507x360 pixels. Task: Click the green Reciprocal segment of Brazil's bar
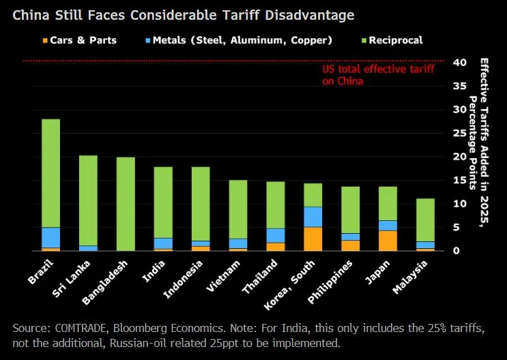(x=50, y=173)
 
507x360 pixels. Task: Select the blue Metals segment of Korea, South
(x=313, y=217)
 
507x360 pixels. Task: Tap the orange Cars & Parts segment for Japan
(x=388, y=241)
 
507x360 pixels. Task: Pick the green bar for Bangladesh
(x=126, y=204)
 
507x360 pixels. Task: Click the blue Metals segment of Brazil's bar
(x=50, y=238)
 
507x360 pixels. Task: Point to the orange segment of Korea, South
(x=313, y=239)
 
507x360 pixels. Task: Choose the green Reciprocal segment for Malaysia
(x=425, y=220)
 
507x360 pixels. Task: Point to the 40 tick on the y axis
(x=459, y=62)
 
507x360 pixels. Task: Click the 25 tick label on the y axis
(x=459, y=133)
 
